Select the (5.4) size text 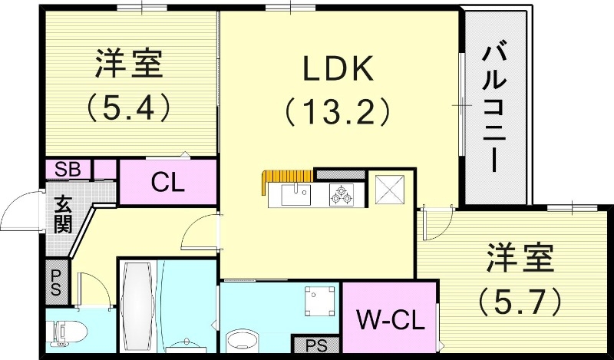pos(128,108)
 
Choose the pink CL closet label pos(166,183)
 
